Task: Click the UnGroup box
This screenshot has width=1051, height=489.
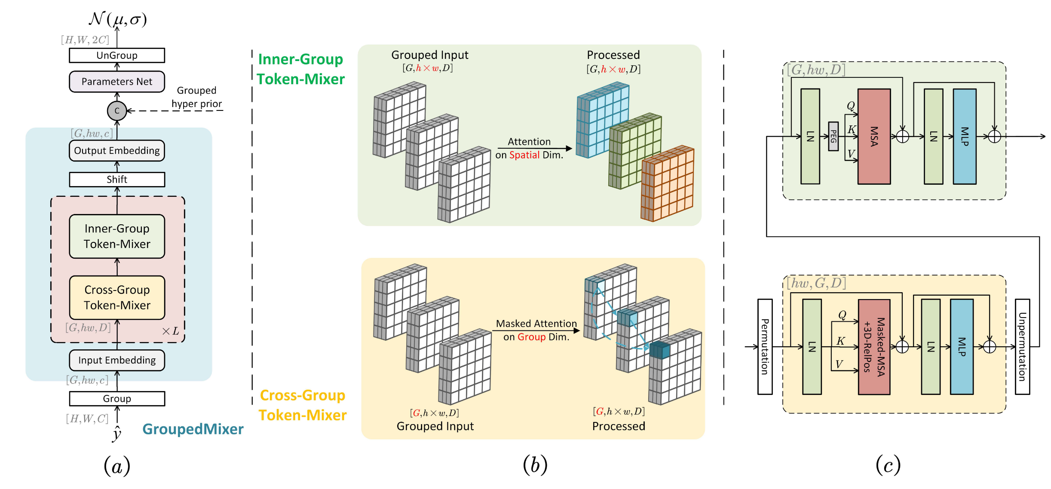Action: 117,55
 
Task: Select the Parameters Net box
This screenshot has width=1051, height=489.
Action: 117,82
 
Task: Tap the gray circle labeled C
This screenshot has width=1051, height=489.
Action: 116,111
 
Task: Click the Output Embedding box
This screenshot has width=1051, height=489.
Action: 117,151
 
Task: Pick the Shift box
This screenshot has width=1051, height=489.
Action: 117,180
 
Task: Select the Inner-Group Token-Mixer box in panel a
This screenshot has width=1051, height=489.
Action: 117,236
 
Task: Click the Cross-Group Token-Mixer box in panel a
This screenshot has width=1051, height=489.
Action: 117,297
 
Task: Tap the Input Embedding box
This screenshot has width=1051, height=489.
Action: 117,360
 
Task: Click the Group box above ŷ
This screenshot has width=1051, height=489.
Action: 117,398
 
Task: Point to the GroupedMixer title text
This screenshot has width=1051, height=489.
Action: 193,429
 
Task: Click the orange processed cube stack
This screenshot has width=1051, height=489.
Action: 668,185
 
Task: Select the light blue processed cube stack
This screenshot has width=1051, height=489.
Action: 602,120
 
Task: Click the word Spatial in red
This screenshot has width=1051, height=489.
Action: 524,155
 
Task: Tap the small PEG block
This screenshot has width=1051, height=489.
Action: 833,136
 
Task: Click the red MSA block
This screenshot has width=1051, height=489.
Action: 874,136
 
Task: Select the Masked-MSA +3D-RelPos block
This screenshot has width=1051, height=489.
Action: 874,347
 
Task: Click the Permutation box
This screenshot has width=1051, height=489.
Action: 765,347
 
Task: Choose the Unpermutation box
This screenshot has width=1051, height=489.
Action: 1022,347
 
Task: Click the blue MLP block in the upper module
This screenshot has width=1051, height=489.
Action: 964,136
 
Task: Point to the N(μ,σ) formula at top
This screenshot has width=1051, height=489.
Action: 118,19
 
